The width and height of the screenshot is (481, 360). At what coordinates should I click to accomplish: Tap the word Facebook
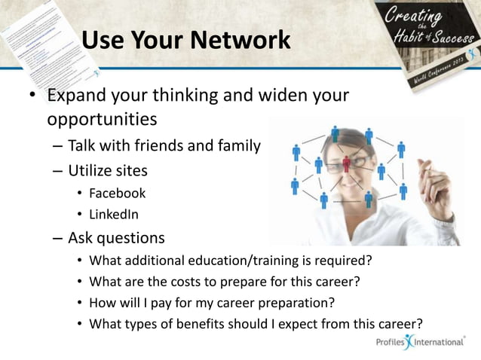tap(117, 194)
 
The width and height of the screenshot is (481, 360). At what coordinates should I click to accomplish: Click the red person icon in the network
tap(347, 163)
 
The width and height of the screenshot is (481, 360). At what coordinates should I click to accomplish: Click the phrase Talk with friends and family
tap(164, 145)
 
